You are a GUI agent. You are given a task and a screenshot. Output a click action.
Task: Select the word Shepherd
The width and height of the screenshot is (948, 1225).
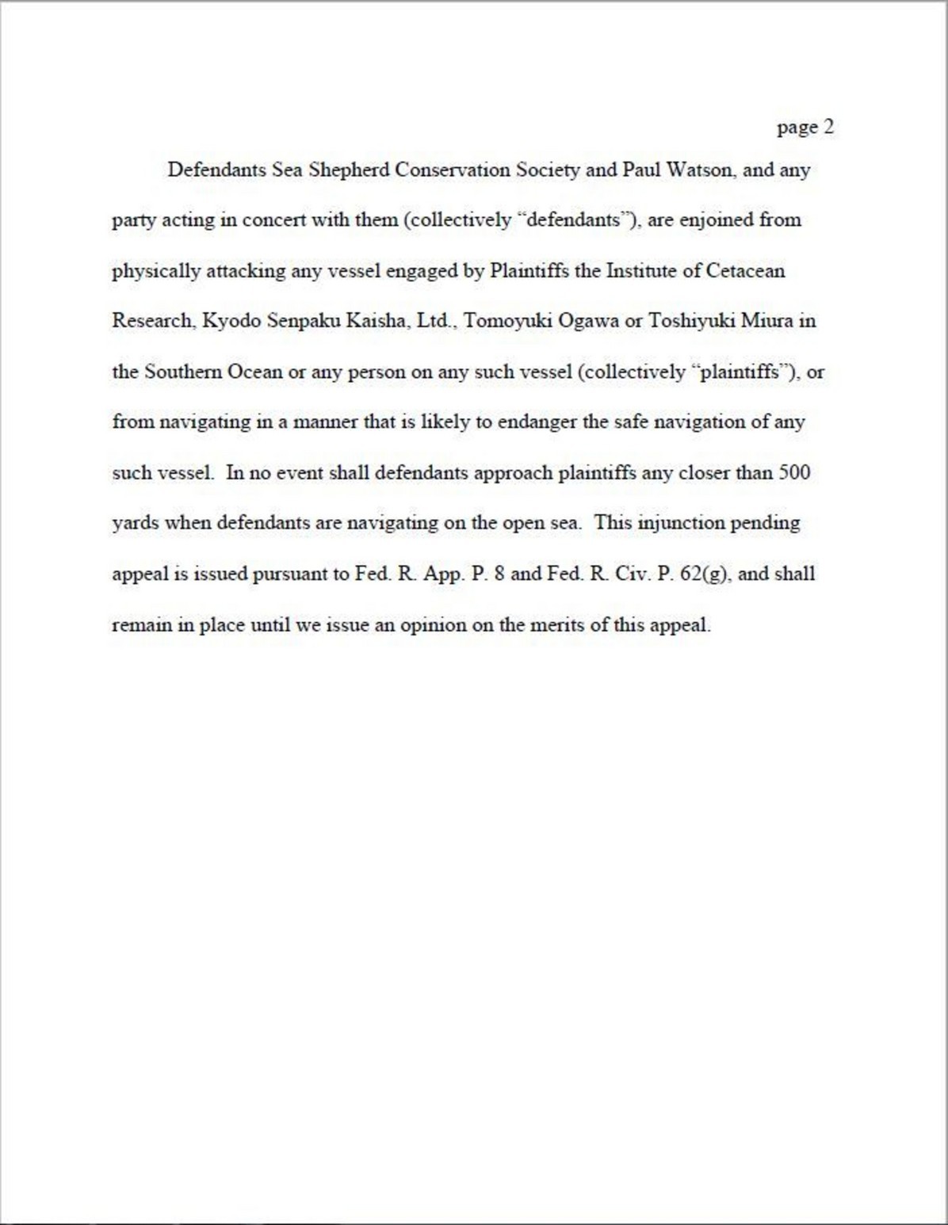point(348,170)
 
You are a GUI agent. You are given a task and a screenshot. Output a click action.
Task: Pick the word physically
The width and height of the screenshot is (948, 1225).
point(156,272)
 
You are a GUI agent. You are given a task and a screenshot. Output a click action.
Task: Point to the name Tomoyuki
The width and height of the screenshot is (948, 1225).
point(502,322)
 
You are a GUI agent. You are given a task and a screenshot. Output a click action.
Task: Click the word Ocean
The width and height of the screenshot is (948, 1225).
point(254,372)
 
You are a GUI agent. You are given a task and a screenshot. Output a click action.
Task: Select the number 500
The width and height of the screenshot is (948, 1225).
point(794,473)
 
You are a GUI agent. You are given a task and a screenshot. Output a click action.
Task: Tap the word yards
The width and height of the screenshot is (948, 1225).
point(135,524)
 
